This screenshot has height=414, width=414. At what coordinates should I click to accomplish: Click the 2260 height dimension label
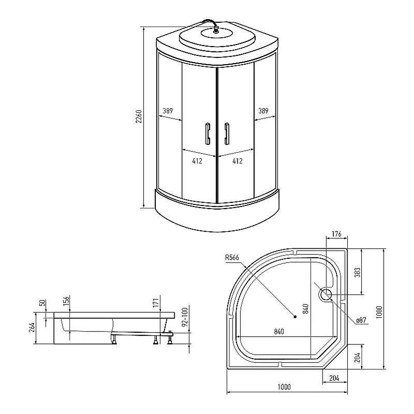pos(139,116)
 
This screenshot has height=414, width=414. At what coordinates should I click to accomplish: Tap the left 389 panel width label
pos(168,111)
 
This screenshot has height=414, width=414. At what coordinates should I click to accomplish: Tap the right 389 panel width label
pos(263,111)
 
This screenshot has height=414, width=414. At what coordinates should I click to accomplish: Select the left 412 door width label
pos(197,161)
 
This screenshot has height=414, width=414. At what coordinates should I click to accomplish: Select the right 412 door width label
pos(238,161)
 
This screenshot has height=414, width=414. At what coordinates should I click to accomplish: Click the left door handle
pos(208,134)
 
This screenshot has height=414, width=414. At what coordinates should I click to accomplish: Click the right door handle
pos(227,134)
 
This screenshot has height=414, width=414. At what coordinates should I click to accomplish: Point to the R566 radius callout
pos(232,257)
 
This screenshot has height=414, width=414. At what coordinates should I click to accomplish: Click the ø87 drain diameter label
pos(361,320)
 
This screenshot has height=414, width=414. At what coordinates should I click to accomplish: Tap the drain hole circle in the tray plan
pos(326,294)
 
